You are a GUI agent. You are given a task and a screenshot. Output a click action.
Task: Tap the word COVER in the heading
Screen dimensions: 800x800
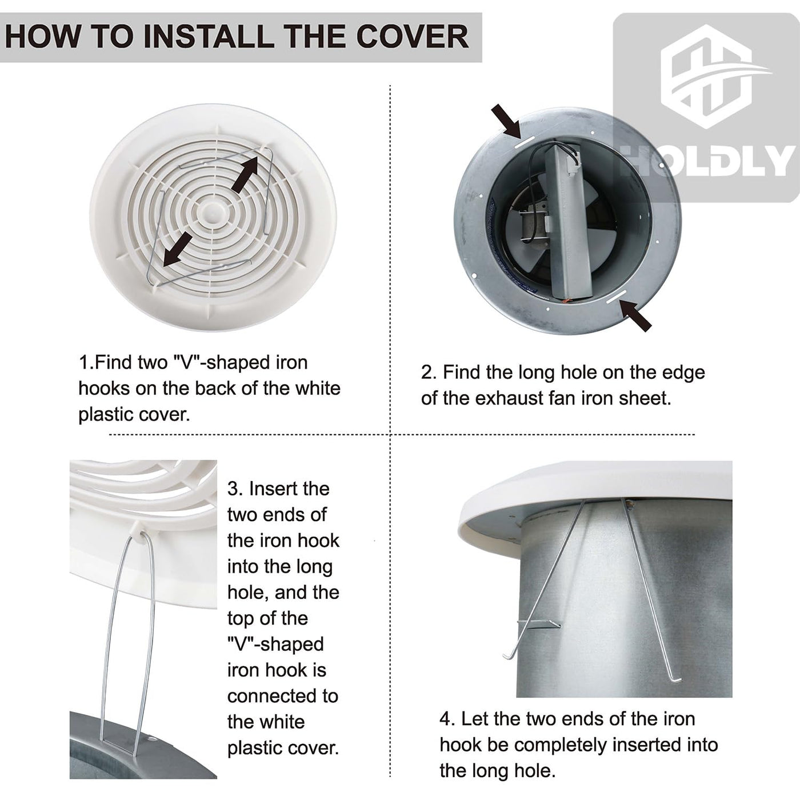pyautogui.click(x=412, y=37)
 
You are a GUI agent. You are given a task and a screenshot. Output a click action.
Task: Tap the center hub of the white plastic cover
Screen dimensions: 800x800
pyautogui.click(x=213, y=207)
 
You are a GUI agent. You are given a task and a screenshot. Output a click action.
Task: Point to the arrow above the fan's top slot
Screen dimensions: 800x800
pyautogui.click(x=506, y=121)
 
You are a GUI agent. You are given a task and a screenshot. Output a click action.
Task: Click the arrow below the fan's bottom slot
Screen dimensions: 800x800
pyautogui.click(x=635, y=315)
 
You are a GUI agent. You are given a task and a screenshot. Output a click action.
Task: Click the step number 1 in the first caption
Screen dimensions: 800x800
pyautogui.click(x=84, y=363)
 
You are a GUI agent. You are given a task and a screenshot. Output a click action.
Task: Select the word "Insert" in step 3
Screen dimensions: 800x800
pyautogui.click(x=289, y=489)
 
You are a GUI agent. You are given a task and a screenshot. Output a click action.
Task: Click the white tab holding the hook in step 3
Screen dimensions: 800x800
pyautogui.click(x=141, y=530)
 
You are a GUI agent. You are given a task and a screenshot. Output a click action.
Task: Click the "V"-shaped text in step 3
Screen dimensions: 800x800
pyautogui.click(x=275, y=644)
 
